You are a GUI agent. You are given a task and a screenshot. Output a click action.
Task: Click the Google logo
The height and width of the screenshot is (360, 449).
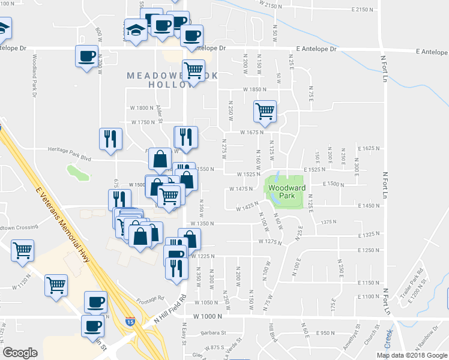click(20, 353)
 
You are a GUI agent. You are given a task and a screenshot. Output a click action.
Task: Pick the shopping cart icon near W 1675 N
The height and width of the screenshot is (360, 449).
click(264, 111)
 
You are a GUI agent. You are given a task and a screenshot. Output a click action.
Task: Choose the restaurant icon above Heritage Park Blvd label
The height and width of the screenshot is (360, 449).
click(110, 139)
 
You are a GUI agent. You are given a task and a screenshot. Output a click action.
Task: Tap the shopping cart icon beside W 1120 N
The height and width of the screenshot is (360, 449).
click(22, 250)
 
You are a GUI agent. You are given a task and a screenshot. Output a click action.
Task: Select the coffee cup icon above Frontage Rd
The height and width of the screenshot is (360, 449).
click(95, 301)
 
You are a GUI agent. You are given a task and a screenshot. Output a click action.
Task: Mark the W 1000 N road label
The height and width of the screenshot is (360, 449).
click(208, 316)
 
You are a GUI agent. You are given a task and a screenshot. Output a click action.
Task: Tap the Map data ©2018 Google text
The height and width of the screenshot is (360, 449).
click(411, 355)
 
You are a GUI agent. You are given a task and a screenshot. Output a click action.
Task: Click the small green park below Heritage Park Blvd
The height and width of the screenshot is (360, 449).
click(78, 172)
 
